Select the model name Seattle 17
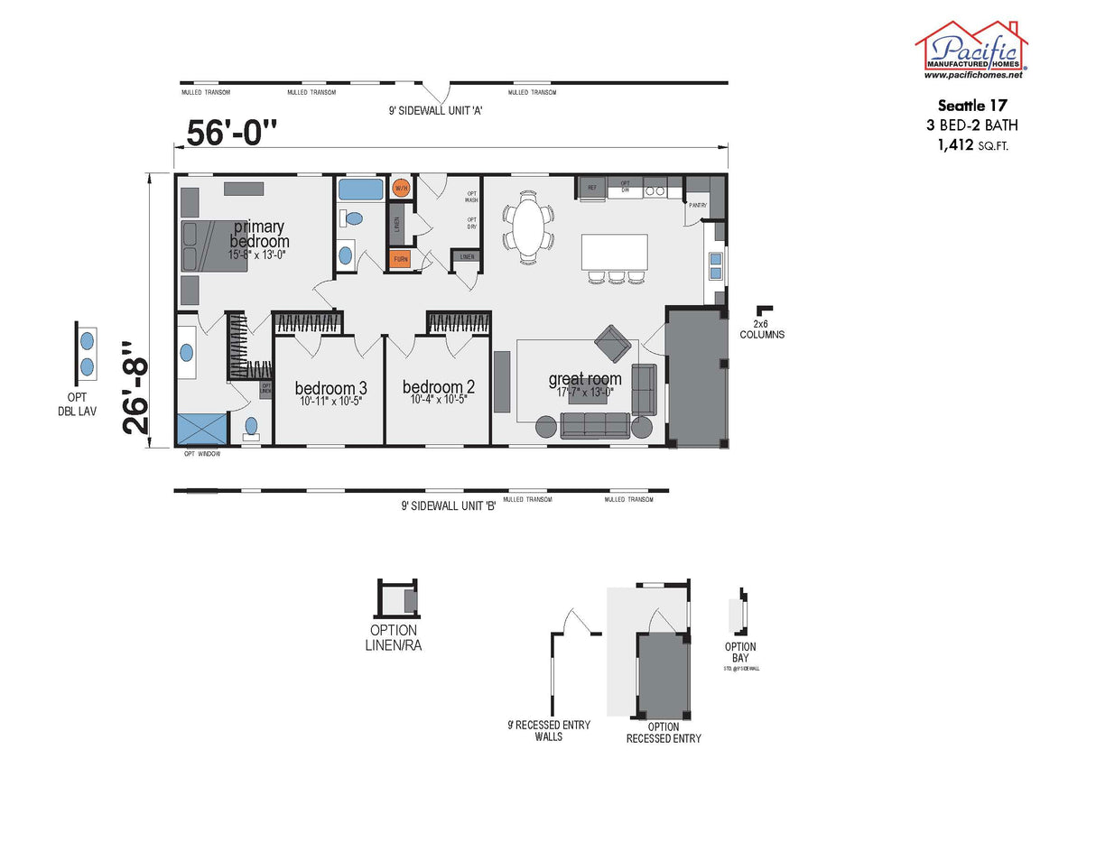(x=971, y=104)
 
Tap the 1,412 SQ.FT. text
(x=971, y=144)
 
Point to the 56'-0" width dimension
(x=231, y=133)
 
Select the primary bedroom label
(x=259, y=234)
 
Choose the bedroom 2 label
(x=439, y=387)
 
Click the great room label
(x=584, y=379)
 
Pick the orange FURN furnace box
(x=401, y=259)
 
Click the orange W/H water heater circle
(x=401, y=188)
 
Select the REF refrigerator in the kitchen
(x=591, y=187)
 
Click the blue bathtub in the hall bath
(x=359, y=190)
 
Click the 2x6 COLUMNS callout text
(x=762, y=329)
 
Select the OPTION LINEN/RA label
(x=395, y=637)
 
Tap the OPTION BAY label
(x=740, y=652)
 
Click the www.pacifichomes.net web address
(x=971, y=76)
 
